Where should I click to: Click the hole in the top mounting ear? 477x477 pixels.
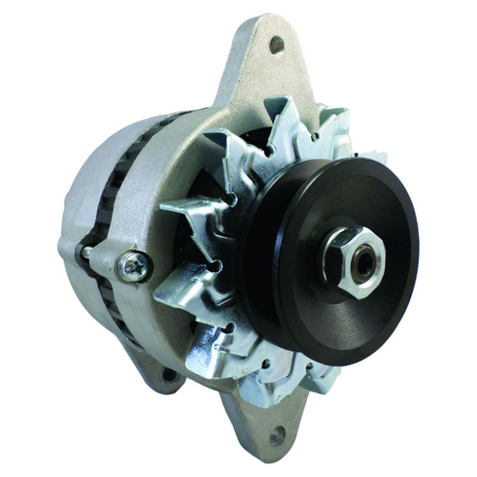pyautogui.click(x=277, y=43)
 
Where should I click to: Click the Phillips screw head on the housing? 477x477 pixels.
pyautogui.click(x=134, y=266)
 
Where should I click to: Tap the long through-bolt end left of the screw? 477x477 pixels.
pyautogui.click(x=87, y=252)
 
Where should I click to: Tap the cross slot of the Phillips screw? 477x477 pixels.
pyautogui.click(x=134, y=266)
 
